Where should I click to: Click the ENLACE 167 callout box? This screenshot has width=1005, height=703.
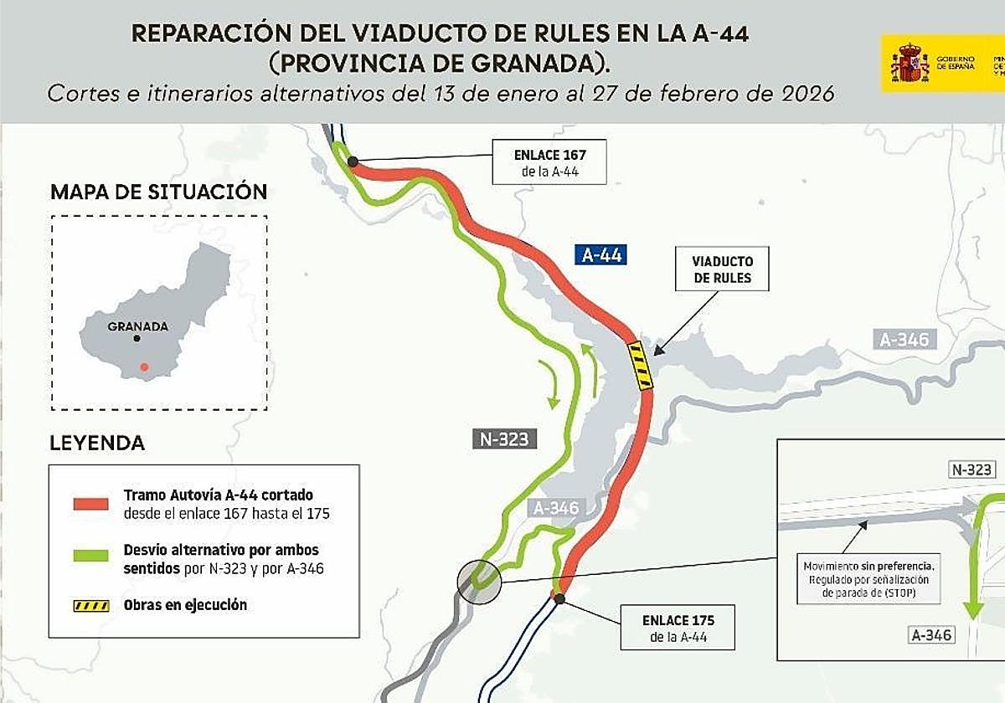pos(549,162)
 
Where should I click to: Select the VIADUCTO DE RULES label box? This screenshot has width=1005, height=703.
pos(722,269)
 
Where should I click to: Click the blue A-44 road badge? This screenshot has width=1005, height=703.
pos(602,255)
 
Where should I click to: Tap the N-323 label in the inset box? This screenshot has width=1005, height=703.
pos(972,470)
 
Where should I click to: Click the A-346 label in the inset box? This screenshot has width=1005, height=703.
pos(931,635)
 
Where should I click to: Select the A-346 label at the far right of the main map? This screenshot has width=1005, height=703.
pos(904,340)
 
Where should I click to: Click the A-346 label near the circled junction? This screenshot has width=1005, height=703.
pos(555,508)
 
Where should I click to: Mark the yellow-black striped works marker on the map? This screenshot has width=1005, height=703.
pos(641,367)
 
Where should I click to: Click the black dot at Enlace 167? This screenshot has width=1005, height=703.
pos(353,162)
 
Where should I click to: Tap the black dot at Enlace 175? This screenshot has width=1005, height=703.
pos(559,598)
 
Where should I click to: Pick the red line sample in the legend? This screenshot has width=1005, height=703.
pos(90,503)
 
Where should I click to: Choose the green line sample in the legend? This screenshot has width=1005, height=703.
pos(90,557)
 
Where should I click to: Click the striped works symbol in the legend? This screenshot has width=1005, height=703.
pos(90,605)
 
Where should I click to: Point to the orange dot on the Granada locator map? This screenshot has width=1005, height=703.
pos(144,367)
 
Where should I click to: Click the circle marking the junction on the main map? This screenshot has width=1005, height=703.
pos(478,580)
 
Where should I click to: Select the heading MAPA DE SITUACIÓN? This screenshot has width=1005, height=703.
pos(158,192)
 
